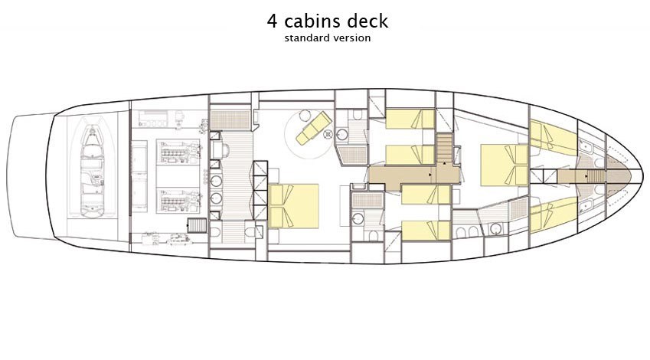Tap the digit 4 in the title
[x=272, y=21]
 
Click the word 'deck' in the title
[x=368, y=21]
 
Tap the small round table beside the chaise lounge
[x=305, y=116]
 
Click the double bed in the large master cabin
[x=293, y=206]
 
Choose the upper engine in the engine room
[x=178, y=152]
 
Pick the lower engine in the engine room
[x=178, y=201]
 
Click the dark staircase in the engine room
[x=197, y=225]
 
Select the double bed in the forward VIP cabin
[x=504, y=165]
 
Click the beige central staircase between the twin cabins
[x=444, y=148]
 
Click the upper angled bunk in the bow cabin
[x=553, y=136]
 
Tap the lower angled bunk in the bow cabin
[x=553, y=214]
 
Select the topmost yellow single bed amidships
[x=410, y=119]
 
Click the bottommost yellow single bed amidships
[x=426, y=231]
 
